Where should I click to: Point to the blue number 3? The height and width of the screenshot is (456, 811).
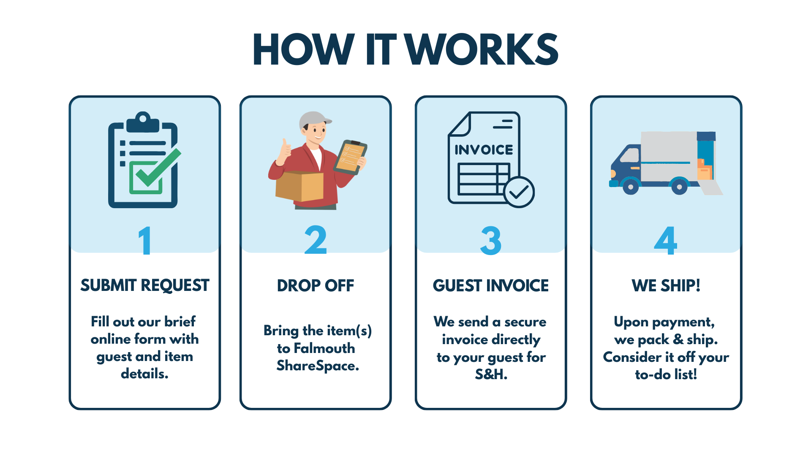[491, 241]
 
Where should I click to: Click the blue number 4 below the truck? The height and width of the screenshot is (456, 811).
[666, 241]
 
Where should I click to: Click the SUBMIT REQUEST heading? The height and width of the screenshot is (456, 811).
[145, 286]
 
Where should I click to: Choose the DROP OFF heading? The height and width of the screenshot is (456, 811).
[316, 286]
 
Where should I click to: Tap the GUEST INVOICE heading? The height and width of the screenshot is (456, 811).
[491, 286]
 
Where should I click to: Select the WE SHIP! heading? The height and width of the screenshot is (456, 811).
[666, 286]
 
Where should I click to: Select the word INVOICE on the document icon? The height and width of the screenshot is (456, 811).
[484, 150]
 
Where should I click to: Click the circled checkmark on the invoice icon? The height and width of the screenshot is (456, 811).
[519, 192]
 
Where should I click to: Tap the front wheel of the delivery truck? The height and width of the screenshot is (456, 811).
[631, 186]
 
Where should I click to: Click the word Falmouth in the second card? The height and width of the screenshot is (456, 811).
[324, 349]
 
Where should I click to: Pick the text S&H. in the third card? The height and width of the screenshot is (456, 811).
[491, 375]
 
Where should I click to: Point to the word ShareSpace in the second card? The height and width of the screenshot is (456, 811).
[317, 366]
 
